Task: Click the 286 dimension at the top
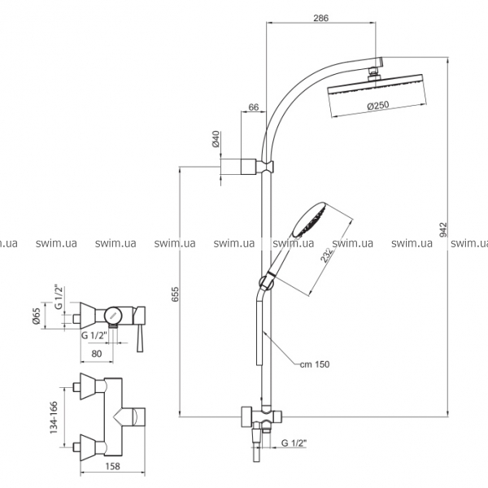pyautogui.click(x=320, y=18)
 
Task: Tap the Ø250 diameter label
pyautogui.click(x=378, y=105)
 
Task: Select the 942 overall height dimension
pyautogui.click(x=443, y=229)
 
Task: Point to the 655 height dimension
pyautogui.click(x=175, y=294)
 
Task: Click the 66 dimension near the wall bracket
pyautogui.click(x=254, y=107)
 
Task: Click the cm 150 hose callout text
pyautogui.click(x=314, y=364)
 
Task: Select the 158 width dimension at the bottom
pyautogui.click(x=112, y=466)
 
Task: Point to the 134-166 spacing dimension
pyautogui.click(x=54, y=417)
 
